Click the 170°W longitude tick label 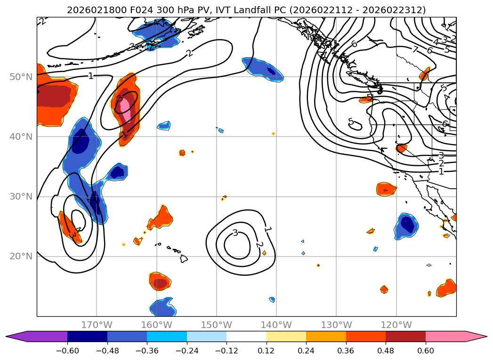click(x=97, y=325)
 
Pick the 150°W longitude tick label click(x=217, y=325)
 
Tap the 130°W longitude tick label click(x=336, y=325)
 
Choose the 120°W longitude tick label click(x=396, y=325)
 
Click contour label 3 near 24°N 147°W click(x=235, y=233)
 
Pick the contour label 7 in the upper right click(x=415, y=49)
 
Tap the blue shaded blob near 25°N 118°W click(x=406, y=225)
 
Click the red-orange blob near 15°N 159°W click(x=160, y=281)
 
